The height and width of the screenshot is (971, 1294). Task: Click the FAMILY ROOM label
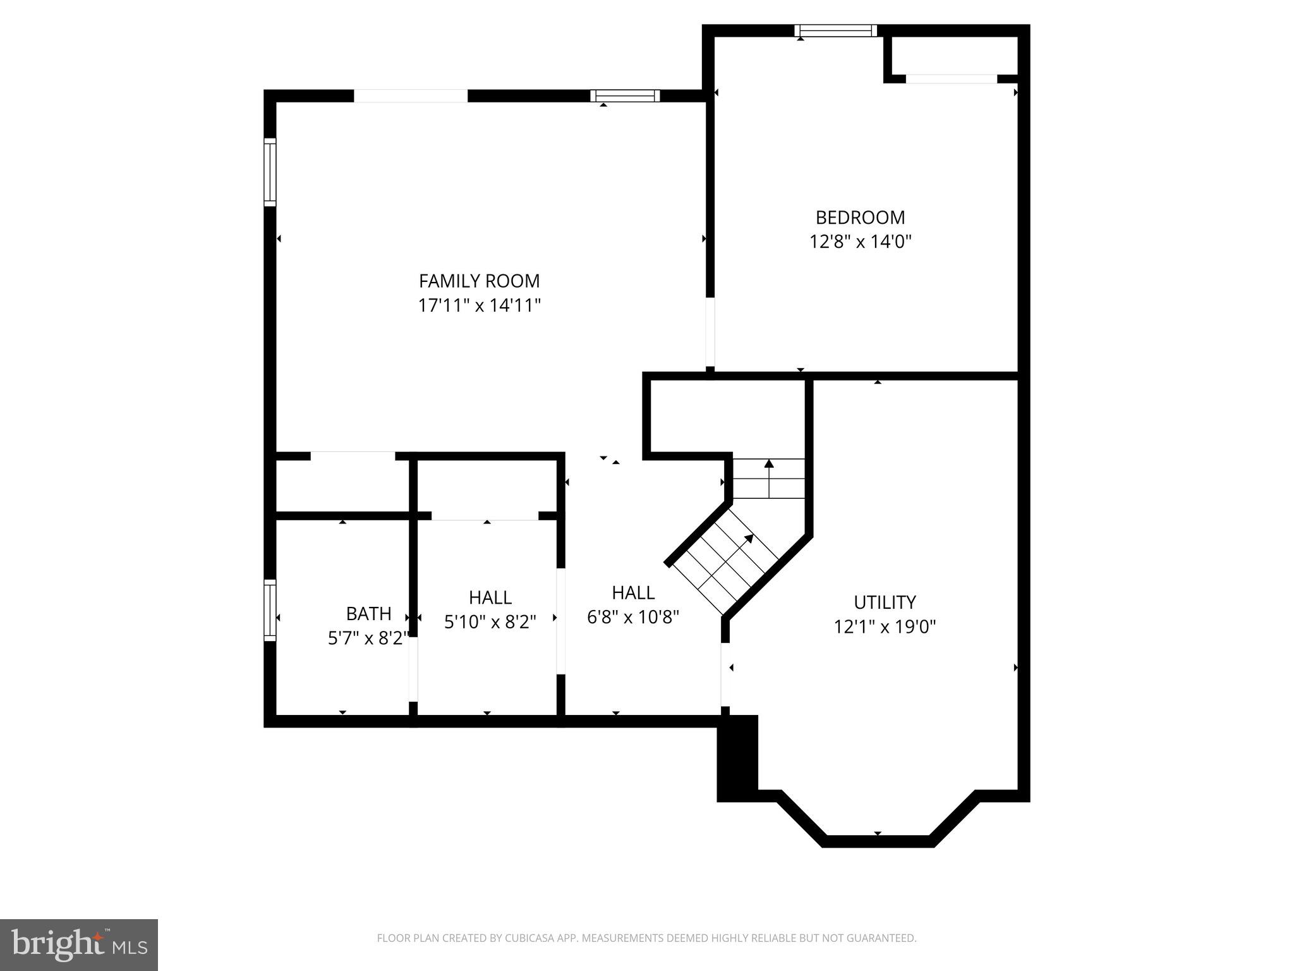coord(479,281)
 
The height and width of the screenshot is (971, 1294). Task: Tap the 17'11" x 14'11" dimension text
coord(479,306)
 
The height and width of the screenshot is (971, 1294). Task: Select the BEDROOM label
coord(860,217)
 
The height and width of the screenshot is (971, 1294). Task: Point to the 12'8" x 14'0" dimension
coord(860,242)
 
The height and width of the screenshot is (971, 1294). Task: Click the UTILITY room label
coord(885,602)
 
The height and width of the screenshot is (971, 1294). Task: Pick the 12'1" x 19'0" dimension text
coord(885,627)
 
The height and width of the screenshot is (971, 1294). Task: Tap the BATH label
coord(368,614)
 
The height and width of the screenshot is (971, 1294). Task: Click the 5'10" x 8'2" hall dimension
coord(490,622)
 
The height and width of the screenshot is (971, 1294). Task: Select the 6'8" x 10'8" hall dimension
coord(632,617)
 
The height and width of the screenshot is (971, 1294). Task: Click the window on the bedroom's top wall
coord(835,30)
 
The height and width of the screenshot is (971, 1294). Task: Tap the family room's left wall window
coord(270,172)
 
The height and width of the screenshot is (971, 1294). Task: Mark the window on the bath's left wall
coord(270,611)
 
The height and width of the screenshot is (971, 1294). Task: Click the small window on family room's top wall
coord(625,95)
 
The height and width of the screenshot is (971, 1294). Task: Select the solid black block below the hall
coord(737,758)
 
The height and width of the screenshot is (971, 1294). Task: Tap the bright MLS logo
coord(79,944)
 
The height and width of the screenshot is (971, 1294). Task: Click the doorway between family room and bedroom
coord(710,332)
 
